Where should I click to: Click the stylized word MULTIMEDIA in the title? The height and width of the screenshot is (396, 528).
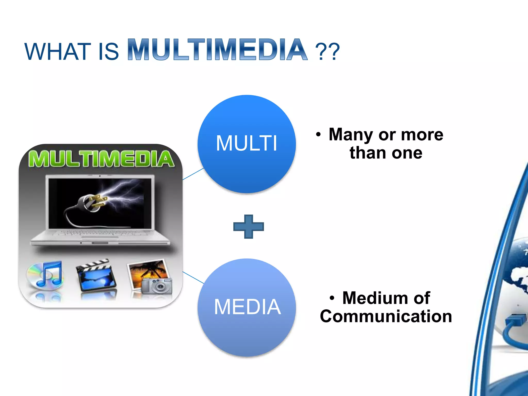217,50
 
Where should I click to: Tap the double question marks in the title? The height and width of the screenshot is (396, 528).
327,52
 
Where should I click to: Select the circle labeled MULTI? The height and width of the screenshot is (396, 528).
246,144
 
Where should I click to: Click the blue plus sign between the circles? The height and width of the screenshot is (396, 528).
249,227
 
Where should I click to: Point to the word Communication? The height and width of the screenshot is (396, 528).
386,316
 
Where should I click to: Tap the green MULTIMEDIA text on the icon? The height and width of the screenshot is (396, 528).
101,159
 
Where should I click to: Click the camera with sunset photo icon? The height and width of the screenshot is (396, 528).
151,277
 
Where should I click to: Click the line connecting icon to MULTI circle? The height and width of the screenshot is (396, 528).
193,174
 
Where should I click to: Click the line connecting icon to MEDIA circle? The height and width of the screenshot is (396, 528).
193,277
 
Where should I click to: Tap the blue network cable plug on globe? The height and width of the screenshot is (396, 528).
514,321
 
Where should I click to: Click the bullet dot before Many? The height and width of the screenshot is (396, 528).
318,135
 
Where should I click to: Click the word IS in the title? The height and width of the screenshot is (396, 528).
108,52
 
